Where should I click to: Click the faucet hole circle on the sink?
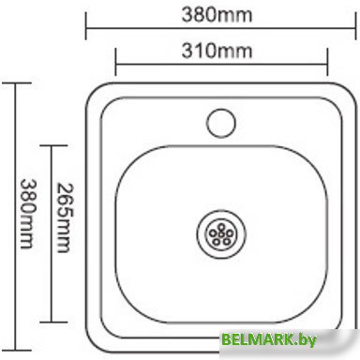pos(222,120)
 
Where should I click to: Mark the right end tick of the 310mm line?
pos(327,63)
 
